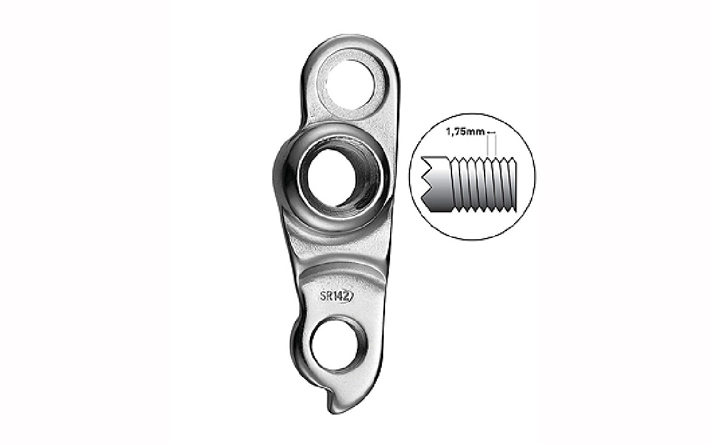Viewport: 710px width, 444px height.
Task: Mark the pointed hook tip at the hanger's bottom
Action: [x=330, y=410]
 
